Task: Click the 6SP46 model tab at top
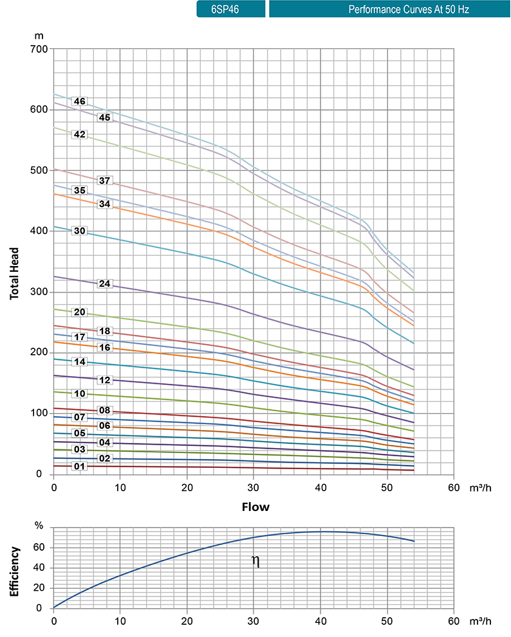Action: click(x=230, y=10)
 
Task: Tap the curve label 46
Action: click(x=80, y=102)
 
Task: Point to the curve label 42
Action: click(x=80, y=135)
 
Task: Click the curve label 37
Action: click(x=105, y=180)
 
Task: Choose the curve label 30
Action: click(x=80, y=231)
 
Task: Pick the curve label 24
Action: click(x=105, y=283)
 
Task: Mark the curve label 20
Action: click(x=80, y=312)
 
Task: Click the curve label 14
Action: click(x=80, y=362)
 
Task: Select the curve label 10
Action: click(x=80, y=393)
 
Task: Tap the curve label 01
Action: click(x=80, y=466)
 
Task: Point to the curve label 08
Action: click(x=105, y=410)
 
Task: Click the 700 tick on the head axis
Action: click(x=40, y=49)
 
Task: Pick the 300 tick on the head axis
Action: click(x=40, y=292)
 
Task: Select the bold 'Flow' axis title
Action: click(x=256, y=507)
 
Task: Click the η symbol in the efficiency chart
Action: click(x=256, y=562)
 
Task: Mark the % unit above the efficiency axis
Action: click(x=39, y=526)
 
